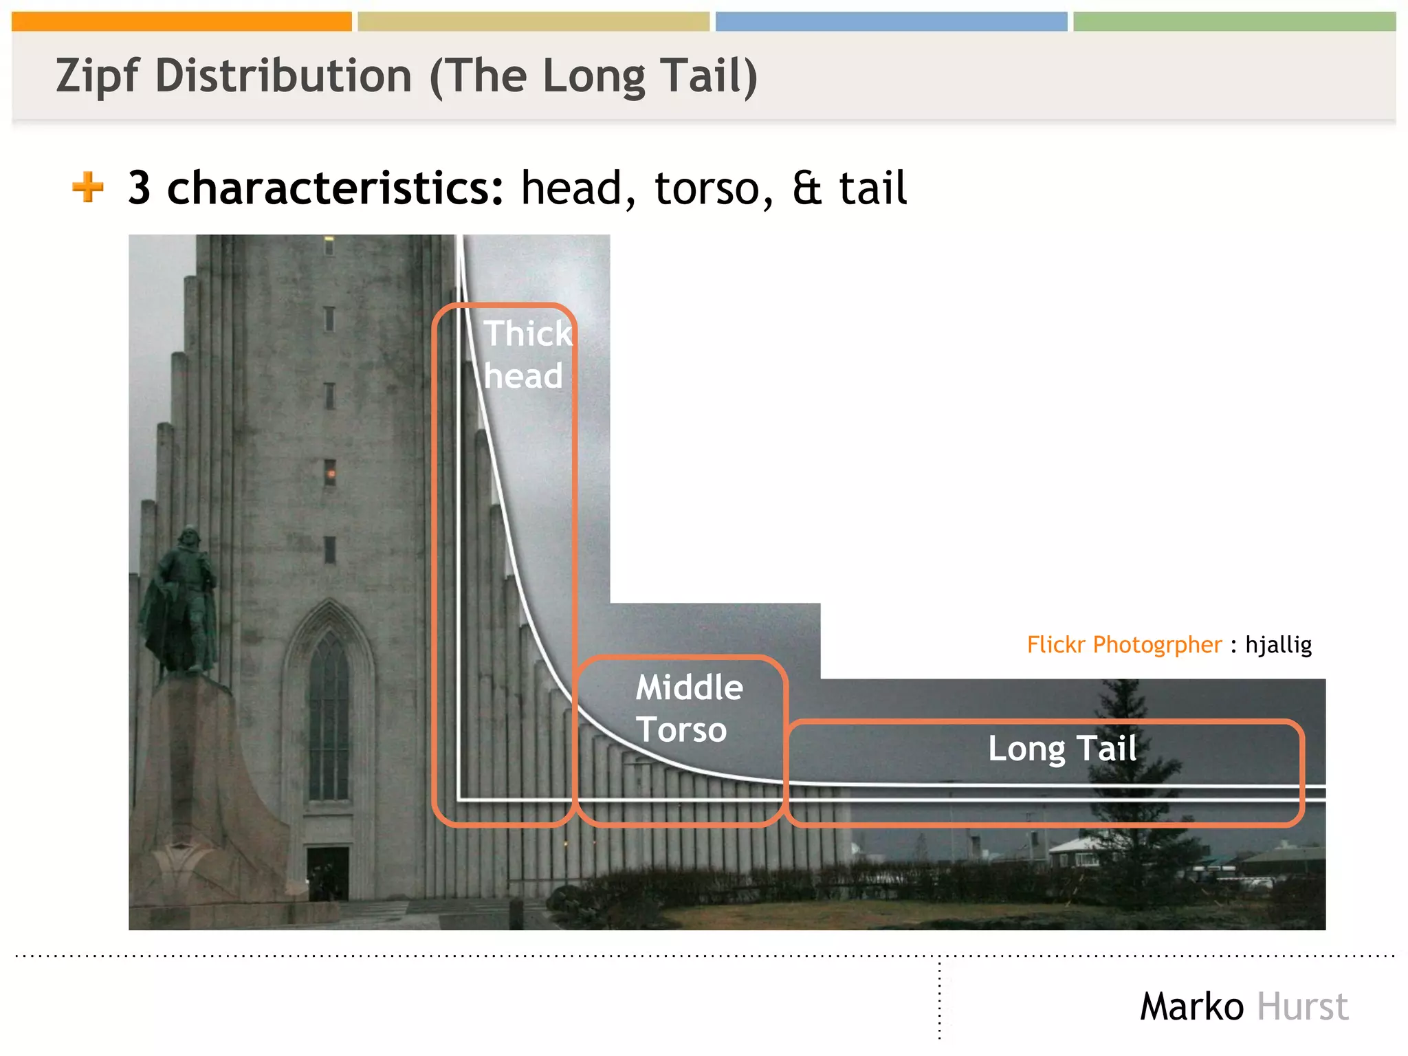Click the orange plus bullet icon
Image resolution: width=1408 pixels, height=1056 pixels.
coord(88,187)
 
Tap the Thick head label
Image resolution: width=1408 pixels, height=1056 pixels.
coord(526,354)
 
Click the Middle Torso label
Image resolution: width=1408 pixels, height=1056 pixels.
coord(687,708)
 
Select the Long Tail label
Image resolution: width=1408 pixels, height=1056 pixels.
coord(1061,748)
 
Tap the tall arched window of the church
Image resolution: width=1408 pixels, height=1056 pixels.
coord(329,715)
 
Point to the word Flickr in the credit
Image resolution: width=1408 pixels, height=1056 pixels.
coord(1056,645)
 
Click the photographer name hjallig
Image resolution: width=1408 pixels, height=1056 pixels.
coord(1278,645)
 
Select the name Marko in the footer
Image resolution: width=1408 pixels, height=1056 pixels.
coord(1191,1007)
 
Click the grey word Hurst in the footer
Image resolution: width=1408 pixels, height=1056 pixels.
coord(1302,1007)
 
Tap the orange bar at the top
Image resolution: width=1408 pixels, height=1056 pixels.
coord(181,21)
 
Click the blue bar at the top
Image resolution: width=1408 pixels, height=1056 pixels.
coord(891,21)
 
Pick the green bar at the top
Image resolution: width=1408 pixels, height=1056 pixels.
coord(1234,21)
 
